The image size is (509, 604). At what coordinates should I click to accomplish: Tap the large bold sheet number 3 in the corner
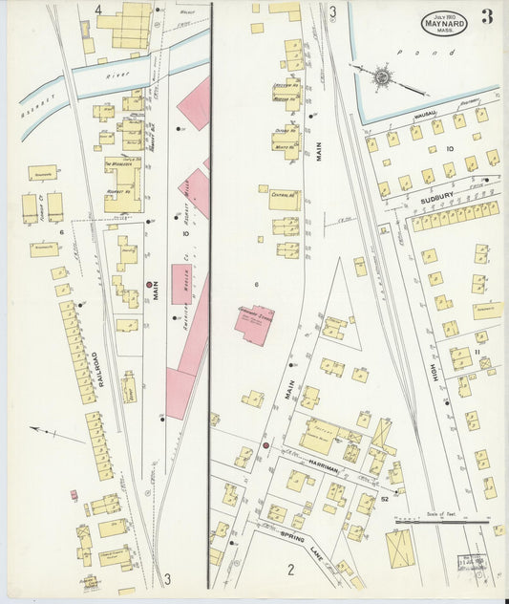(x=488, y=16)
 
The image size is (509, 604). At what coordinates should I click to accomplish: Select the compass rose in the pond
(x=381, y=75)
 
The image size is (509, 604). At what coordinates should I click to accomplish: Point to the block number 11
(x=476, y=352)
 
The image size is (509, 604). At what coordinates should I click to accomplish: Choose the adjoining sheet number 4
(x=97, y=11)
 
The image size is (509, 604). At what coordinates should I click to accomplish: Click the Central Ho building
(x=285, y=200)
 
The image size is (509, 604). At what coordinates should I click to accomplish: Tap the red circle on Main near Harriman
(x=265, y=445)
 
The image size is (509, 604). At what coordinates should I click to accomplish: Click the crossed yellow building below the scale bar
(x=399, y=550)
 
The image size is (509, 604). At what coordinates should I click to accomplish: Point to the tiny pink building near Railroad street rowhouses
(x=74, y=495)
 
